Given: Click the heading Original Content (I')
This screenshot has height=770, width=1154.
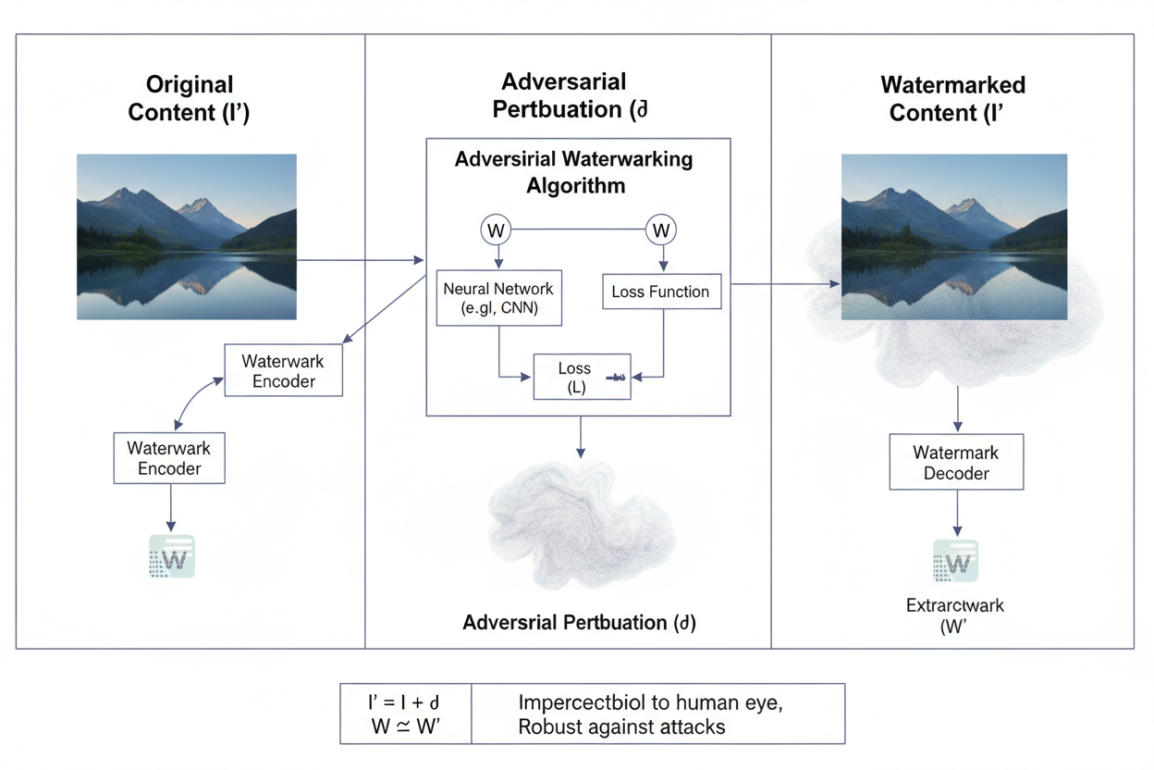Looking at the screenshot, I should coord(189,99).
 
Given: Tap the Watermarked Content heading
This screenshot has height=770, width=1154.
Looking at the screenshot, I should coord(952,99).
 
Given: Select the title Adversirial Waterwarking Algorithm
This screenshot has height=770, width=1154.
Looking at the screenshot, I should coord(573,172).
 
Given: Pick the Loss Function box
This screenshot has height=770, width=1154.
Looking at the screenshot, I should coord(660,292).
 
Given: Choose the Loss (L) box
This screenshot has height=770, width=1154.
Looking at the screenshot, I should coord(582,378).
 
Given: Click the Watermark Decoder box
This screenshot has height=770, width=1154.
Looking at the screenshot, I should coord(956,463).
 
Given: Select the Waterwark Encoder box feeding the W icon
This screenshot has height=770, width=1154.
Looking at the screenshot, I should coord(169,458).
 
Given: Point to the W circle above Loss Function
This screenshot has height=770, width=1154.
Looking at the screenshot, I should coord(660,230).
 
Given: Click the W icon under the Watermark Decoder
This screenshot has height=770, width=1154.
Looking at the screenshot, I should coord(956,560).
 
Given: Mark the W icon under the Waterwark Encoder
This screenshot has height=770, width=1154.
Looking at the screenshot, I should coord(172,557).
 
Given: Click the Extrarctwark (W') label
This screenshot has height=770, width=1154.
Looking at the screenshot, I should coord(956,615).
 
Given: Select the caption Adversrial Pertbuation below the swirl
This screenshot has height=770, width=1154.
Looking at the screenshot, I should coord(579,623).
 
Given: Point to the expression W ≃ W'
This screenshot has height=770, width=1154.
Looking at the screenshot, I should coord(405,727).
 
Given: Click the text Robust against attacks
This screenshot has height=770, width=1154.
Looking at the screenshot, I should coord(621,727).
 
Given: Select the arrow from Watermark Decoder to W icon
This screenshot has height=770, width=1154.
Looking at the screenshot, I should coord(956,514).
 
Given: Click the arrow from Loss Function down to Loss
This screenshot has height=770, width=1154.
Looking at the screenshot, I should coord(664,342).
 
